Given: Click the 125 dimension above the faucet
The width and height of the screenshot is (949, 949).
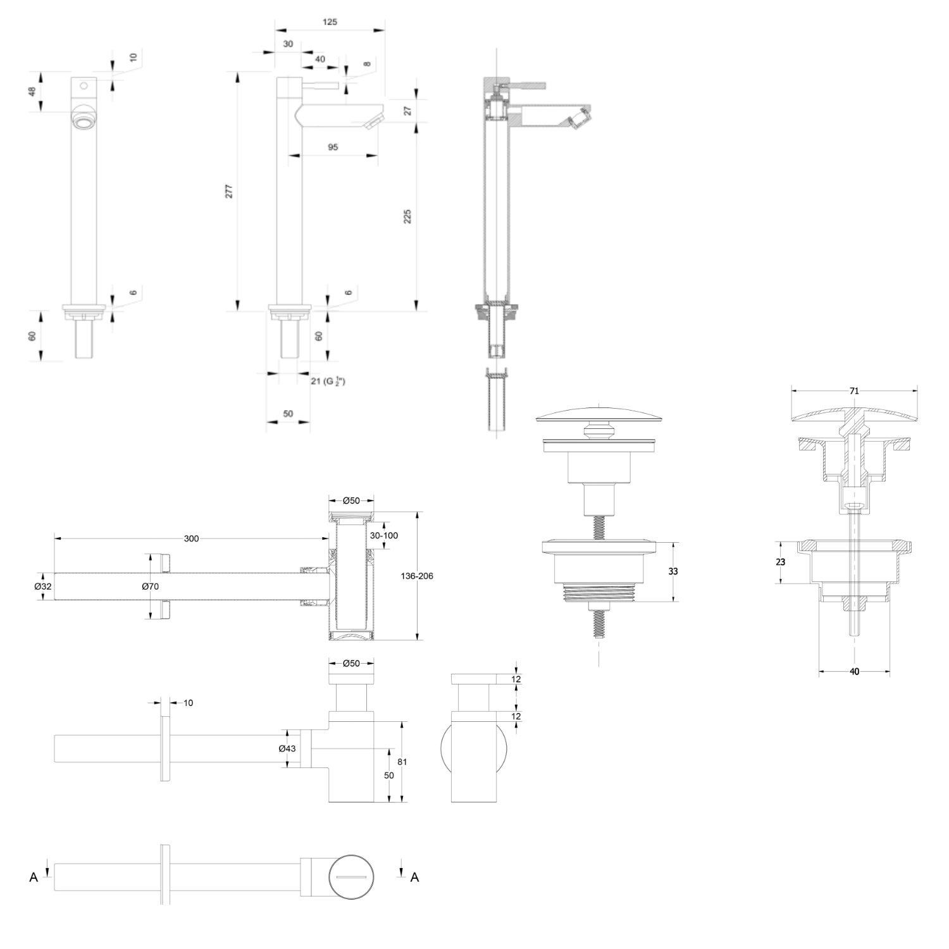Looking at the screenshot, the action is pos(330,22).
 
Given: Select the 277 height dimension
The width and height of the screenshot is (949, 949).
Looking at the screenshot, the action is pos(229,191).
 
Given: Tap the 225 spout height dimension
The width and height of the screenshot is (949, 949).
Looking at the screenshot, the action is pos(407,216).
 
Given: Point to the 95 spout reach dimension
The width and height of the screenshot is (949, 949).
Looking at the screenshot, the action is pos(333,147).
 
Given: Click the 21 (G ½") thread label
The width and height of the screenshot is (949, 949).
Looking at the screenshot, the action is pos(327,381).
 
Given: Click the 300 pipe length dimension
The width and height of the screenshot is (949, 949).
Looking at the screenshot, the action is pos(191,538).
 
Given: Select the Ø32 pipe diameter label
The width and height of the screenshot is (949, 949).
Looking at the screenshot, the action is pos(43,586).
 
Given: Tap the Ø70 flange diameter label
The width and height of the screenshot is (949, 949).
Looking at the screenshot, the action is pos(150,586).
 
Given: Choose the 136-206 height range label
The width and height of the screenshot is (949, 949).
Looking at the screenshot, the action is pos(417,576).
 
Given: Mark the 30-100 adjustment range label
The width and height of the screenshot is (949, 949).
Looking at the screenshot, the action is pos(384,535).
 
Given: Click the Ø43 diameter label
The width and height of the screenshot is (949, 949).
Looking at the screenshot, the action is pos(287,748).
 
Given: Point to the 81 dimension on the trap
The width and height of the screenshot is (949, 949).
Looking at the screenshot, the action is pos(402,762).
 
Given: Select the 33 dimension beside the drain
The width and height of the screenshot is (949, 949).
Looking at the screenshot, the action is pos(673,571).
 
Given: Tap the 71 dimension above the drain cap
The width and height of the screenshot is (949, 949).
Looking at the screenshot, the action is pos(854,391).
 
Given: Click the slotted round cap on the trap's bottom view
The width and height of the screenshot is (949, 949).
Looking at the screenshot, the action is pos(352,876).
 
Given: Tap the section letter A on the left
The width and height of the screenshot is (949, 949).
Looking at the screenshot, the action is pos(34,877).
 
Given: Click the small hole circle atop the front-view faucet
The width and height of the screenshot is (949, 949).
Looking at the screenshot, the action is pos(83,84).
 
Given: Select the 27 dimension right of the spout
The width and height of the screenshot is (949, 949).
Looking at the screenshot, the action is pos(407,111).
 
